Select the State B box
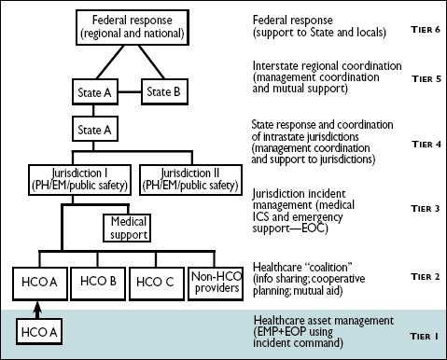(165, 91)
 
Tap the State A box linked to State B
(95, 91)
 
